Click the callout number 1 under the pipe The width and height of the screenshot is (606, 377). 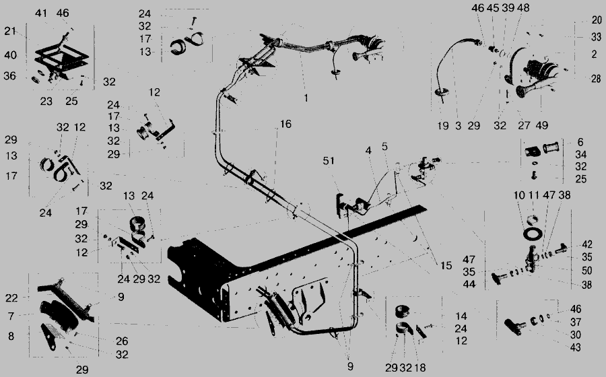(x=306, y=98)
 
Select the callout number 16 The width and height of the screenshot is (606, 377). (x=285, y=124)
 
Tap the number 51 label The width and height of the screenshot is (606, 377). (x=329, y=161)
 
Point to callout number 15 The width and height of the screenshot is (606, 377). (x=446, y=265)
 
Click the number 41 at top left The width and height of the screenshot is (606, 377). (x=41, y=13)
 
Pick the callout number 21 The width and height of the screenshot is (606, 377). (x=10, y=31)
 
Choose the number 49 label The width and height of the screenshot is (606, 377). (x=542, y=125)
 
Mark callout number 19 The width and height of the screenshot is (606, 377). (x=443, y=125)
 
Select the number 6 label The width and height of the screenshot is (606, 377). (x=580, y=142)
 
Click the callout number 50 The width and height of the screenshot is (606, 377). (x=586, y=271)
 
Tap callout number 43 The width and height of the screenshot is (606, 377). (x=576, y=347)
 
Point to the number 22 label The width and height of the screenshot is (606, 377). (x=11, y=298)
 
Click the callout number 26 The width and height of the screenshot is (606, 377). (x=122, y=341)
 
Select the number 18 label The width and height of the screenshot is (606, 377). (x=419, y=368)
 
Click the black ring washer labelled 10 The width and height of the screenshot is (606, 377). (x=533, y=234)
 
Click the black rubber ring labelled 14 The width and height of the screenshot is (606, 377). (x=403, y=311)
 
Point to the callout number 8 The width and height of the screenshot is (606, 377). (x=11, y=336)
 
